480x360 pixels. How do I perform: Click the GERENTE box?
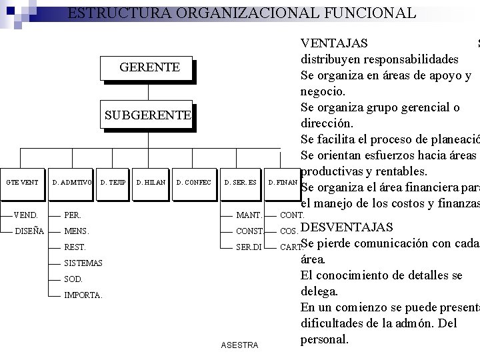click(x=148, y=67)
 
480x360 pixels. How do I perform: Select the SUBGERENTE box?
click(x=148, y=115)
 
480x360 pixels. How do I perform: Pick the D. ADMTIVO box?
click(x=71, y=182)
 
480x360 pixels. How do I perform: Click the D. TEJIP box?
click(x=113, y=182)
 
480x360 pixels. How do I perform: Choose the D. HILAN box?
click(x=150, y=182)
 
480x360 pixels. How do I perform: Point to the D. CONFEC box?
click(x=193, y=182)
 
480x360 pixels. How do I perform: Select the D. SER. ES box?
click(x=240, y=182)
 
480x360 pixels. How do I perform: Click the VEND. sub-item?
click(x=26, y=215)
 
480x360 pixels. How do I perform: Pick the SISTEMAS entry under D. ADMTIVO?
click(x=83, y=263)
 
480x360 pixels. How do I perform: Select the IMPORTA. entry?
click(x=83, y=295)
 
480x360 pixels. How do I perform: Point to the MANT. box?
click(x=249, y=215)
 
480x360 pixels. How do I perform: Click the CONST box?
click(x=249, y=231)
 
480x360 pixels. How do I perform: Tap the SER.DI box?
click(x=249, y=247)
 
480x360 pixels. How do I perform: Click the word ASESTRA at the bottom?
click(x=239, y=345)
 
